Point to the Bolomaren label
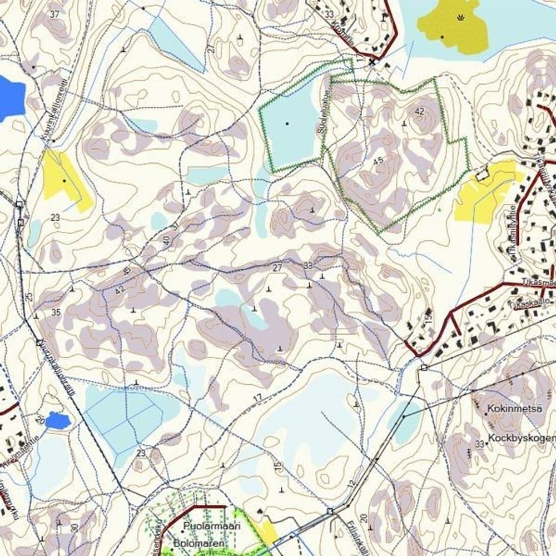(x=198, y=543)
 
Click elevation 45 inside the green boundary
(x=379, y=161)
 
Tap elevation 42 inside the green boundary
(x=419, y=111)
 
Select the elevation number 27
(x=277, y=268)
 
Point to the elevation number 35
(x=56, y=312)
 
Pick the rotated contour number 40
(x=167, y=240)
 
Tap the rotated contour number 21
(x=211, y=49)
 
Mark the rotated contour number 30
(x=75, y=528)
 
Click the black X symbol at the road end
(x=372, y=62)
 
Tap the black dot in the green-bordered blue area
(x=287, y=123)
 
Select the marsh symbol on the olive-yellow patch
(x=459, y=18)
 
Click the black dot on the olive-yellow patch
(x=442, y=37)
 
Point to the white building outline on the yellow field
(x=482, y=173)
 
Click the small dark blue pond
(x=58, y=420)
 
